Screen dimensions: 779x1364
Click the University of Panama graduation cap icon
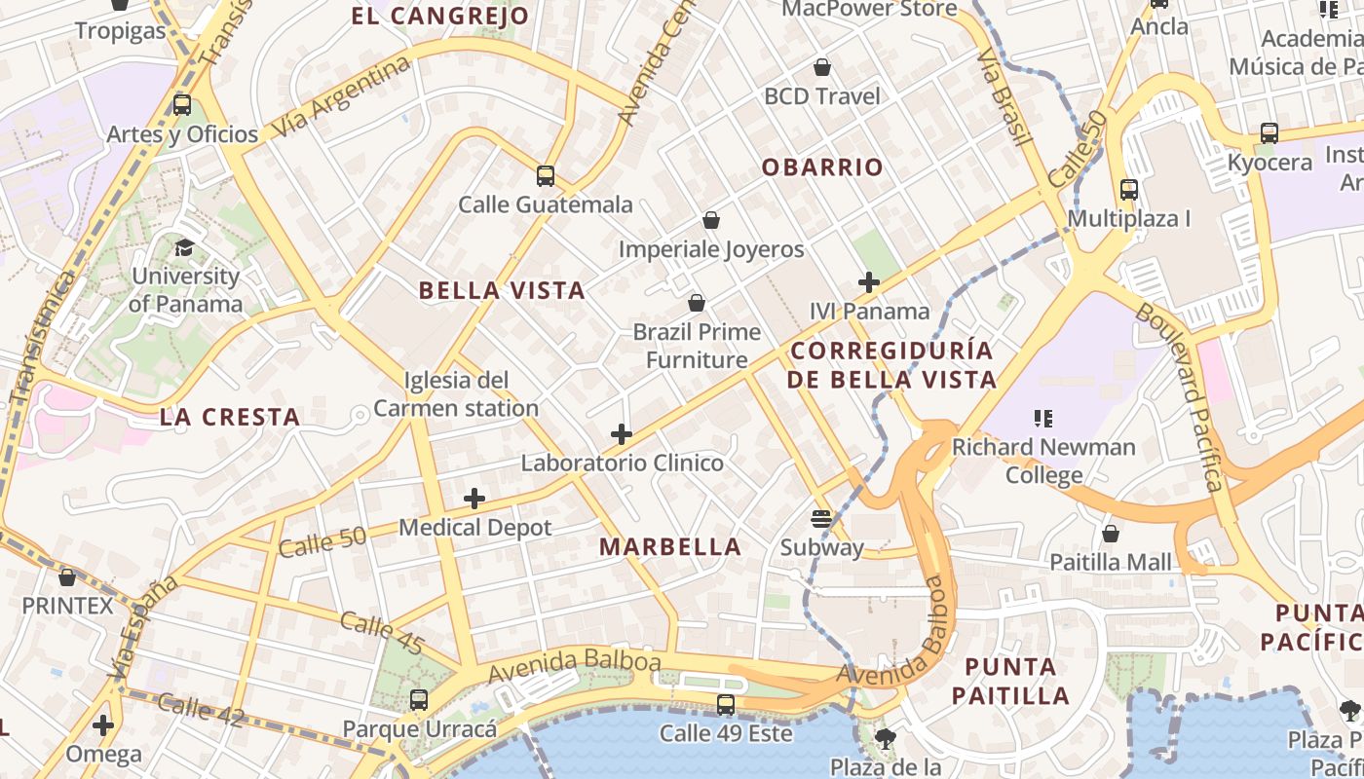(184, 247)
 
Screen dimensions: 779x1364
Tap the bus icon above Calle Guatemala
(546, 176)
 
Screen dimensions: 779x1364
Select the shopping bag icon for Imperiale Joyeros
(711, 221)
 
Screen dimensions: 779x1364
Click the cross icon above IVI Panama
(869, 282)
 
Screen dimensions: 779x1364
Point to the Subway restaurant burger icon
(821, 518)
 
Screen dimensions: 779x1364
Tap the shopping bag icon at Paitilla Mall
(1111, 534)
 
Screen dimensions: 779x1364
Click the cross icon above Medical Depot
(474, 499)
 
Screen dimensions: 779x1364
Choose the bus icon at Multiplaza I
(1129, 190)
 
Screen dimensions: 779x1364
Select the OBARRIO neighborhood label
(822, 167)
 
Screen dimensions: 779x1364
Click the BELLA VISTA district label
(502, 290)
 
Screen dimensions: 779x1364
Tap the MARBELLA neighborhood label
(670, 547)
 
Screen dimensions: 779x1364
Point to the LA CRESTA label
(230, 418)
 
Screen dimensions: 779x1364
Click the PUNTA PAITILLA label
(1010, 682)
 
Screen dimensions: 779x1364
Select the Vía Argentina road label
(341, 98)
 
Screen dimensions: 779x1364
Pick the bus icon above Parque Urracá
(419, 699)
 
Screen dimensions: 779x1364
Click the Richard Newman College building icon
(1043, 419)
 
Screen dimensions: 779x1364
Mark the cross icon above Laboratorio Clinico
(622, 434)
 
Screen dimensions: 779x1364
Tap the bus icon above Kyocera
(1269, 133)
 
